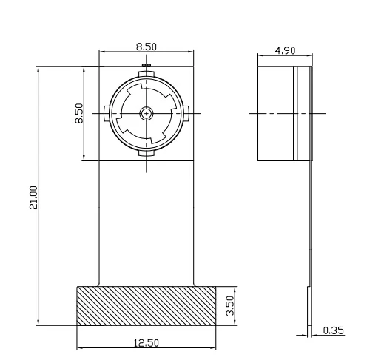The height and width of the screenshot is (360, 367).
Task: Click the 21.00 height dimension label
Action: click(x=33, y=197)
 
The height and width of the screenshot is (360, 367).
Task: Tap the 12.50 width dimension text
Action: click(x=147, y=343)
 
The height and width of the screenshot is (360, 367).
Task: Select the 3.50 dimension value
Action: click(x=229, y=305)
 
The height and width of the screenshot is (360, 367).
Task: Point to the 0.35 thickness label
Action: click(x=333, y=330)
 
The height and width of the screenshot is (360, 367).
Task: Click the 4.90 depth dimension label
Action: click(x=285, y=51)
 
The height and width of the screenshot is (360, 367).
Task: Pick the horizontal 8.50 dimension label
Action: click(x=147, y=47)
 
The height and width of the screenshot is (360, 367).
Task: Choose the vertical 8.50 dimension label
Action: click(x=79, y=113)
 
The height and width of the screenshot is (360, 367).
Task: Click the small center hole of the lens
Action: click(x=147, y=113)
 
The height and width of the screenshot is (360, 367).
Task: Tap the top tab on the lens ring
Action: click(x=147, y=74)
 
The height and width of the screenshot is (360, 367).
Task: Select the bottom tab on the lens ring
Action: click(x=147, y=153)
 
